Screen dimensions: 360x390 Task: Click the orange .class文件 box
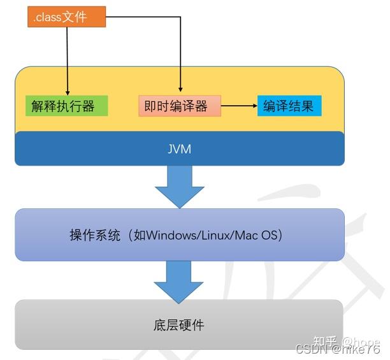click(x=66, y=17)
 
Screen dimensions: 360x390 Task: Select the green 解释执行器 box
click(x=67, y=106)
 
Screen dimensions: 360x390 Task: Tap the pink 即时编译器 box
click(x=180, y=106)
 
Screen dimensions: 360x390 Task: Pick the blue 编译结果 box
click(x=289, y=106)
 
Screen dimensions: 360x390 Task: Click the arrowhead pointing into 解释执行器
click(x=67, y=90)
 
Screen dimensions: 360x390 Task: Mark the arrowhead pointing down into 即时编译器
click(x=180, y=90)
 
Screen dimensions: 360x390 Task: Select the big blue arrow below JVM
click(x=180, y=185)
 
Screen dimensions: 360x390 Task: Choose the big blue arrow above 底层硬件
click(x=180, y=281)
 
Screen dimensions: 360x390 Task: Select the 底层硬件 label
click(x=179, y=325)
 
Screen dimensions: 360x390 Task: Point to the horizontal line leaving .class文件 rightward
click(x=143, y=17)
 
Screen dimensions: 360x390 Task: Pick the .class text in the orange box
click(x=48, y=17)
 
